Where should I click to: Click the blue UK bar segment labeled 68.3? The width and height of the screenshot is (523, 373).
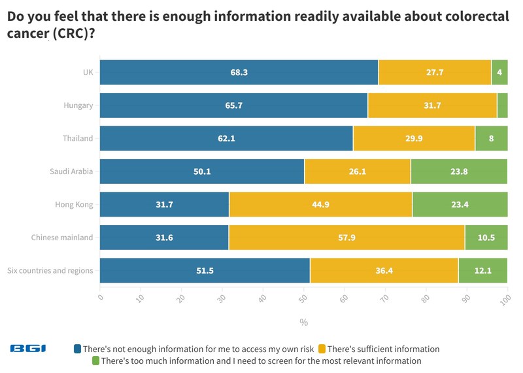[239, 72]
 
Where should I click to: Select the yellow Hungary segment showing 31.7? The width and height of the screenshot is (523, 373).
[432, 105]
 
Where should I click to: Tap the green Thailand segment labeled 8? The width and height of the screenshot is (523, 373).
[491, 139]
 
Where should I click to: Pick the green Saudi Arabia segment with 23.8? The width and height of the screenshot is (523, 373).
[459, 172]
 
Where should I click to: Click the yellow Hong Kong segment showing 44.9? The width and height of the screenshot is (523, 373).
[320, 205]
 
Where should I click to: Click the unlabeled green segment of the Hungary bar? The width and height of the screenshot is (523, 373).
[502, 105]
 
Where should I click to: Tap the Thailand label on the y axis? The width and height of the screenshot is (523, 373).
[78, 139]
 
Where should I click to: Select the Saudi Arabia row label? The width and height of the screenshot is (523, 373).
[71, 172]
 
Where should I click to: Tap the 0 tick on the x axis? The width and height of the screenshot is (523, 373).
[101, 298]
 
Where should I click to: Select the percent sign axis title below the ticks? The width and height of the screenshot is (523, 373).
[303, 322]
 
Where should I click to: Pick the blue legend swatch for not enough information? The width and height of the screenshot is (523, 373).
[77, 349]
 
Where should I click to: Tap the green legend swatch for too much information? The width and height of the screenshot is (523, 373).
[95, 361]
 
